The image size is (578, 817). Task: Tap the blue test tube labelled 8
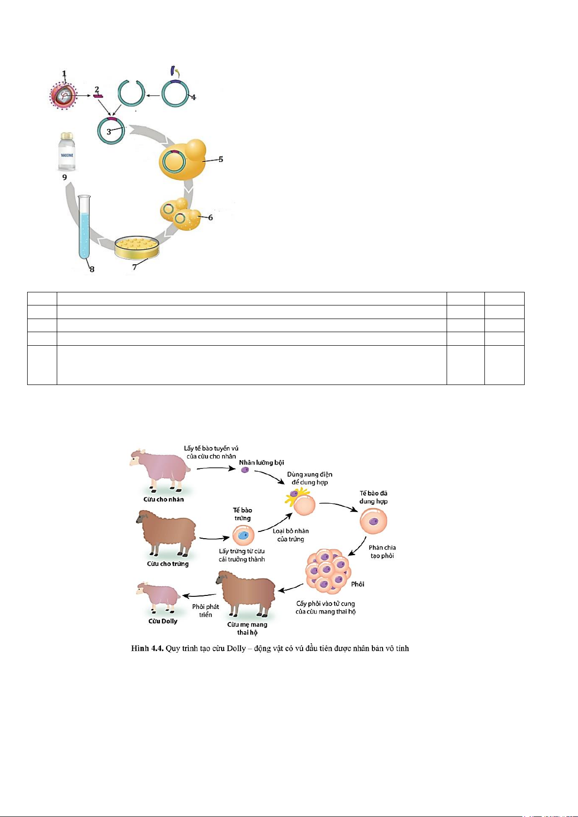pyautogui.click(x=84, y=228)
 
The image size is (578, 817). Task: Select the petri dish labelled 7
pyautogui.click(x=137, y=247)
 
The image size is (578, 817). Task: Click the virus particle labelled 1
pyautogui.click(x=64, y=96)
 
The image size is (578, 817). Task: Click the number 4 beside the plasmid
pyautogui.click(x=193, y=97)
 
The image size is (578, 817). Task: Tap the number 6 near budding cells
pyautogui.click(x=210, y=218)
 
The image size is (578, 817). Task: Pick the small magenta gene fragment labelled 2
pyautogui.click(x=98, y=96)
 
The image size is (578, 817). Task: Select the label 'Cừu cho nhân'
pyautogui.click(x=163, y=499)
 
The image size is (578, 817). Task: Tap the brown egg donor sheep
pyautogui.click(x=168, y=533)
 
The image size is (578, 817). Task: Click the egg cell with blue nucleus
pyautogui.click(x=243, y=535)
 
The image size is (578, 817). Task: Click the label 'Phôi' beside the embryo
pyautogui.click(x=358, y=584)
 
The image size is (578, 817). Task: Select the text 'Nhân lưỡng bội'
pyautogui.click(x=261, y=463)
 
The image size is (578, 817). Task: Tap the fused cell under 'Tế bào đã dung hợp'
pyautogui.click(x=373, y=521)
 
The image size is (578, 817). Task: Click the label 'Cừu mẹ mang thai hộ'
pyautogui.click(x=247, y=628)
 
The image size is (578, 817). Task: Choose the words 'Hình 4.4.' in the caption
pyautogui.click(x=147, y=648)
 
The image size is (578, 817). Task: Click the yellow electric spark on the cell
pyautogui.click(x=298, y=495)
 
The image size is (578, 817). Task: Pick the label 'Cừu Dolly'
pyautogui.click(x=163, y=621)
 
